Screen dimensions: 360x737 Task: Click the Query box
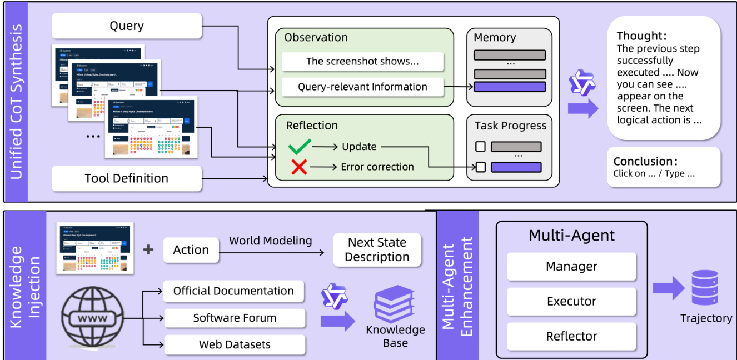pos(127,26)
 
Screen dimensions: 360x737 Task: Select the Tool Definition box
pos(127,178)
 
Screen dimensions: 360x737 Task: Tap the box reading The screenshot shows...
pos(362,62)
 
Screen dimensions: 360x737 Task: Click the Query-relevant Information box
pos(362,87)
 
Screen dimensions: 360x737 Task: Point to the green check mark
pos(299,147)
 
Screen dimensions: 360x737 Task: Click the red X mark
pos(299,167)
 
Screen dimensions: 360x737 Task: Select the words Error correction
pos(377,167)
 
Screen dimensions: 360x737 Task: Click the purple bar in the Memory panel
pos(510,87)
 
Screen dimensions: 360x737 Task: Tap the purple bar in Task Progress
pos(516,167)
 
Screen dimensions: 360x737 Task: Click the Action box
pos(191,250)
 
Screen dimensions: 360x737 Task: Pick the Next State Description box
pos(377,250)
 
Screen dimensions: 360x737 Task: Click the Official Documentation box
pos(233,291)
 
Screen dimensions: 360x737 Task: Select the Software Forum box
pos(235,318)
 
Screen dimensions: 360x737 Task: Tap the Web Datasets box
pos(235,345)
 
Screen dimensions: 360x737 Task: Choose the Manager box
pos(571,267)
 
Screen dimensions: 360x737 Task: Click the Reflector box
pos(571,336)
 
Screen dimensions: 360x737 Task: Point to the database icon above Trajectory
pos(705,288)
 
